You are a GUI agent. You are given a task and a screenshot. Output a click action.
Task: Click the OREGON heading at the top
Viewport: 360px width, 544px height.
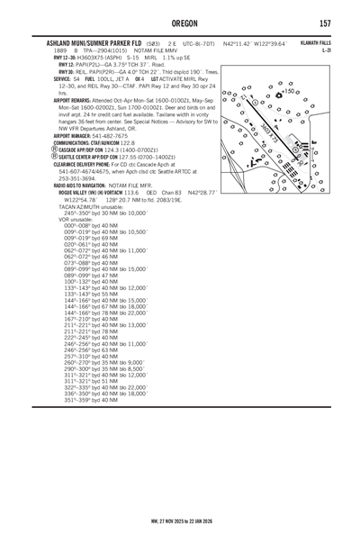(180, 24)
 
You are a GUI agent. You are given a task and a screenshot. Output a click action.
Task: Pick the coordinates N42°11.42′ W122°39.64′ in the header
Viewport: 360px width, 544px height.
(263, 43)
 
